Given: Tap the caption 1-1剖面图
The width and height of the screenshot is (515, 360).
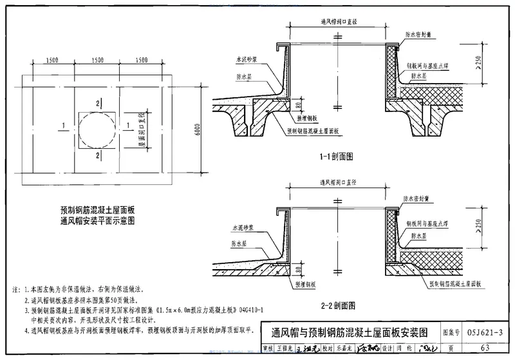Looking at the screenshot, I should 337,156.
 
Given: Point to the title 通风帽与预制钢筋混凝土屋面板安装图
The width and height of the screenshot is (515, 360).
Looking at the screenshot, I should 354,333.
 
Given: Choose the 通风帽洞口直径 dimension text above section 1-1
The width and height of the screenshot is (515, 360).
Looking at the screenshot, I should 339,23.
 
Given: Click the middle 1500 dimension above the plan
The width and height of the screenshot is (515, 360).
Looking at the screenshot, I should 97,60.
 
